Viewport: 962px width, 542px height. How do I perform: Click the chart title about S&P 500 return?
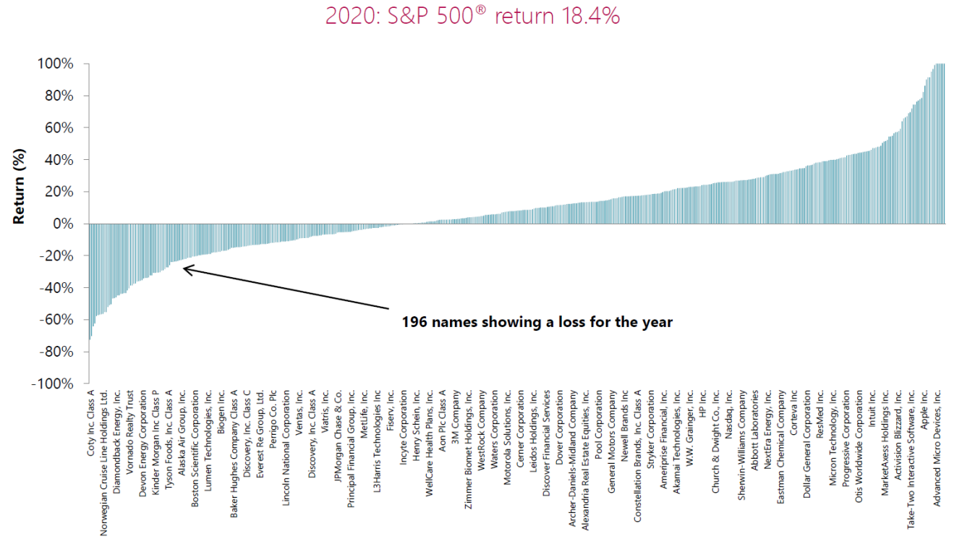coord(472,15)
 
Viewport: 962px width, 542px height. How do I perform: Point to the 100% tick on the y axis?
coord(55,64)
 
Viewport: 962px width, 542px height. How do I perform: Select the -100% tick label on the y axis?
coord(52,384)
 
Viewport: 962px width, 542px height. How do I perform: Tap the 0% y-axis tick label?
coord(61,224)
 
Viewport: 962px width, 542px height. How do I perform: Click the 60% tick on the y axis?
coord(58,128)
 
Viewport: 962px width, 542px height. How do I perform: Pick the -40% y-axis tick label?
coord(55,288)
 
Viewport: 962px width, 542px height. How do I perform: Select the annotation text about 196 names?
coord(537,322)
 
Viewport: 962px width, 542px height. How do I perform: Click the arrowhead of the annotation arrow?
coord(185,268)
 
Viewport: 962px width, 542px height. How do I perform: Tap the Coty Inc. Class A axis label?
coord(91,423)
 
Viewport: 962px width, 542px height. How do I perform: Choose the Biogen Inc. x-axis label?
coord(221,413)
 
